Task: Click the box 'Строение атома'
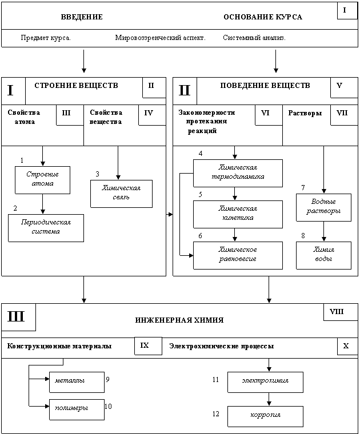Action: (x=42, y=180)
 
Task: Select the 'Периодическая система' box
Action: (x=46, y=228)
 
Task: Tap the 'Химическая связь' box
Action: (x=121, y=194)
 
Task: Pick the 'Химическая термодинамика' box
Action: (x=238, y=173)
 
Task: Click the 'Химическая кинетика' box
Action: (x=238, y=214)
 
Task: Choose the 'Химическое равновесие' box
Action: (x=238, y=255)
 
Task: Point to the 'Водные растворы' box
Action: (x=324, y=207)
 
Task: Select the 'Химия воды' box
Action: (x=324, y=255)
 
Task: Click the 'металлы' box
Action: (x=77, y=382)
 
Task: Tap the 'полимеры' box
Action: (x=77, y=409)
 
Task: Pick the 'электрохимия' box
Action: (x=265, y=382)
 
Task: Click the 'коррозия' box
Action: (x=265, y=416)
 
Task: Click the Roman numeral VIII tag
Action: (x=341, y=312)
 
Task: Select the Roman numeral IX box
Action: (x=148, y=346)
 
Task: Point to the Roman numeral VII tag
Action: (x=344, y=115)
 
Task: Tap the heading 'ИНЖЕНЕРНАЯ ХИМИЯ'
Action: (x=179, y=320)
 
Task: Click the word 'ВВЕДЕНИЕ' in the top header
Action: (x=82, y=17)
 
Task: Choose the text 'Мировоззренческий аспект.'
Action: (x=161, y=38)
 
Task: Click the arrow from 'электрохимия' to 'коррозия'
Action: (x=269, y=399)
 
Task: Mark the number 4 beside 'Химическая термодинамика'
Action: (x=201, y=154)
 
